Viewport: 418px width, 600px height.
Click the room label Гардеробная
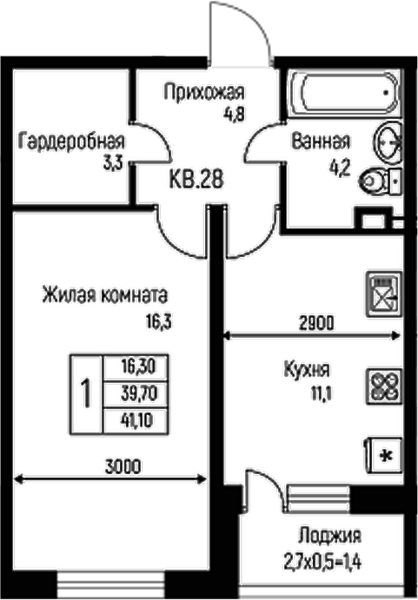pos(71,142)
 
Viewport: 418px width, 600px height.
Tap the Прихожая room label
pos(204,91)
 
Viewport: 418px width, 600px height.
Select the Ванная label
pos(321,142)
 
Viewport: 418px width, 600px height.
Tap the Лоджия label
pos(328,535)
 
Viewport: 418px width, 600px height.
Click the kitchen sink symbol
pos(382,292)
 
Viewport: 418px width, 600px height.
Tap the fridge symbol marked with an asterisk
pos(384,453)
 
